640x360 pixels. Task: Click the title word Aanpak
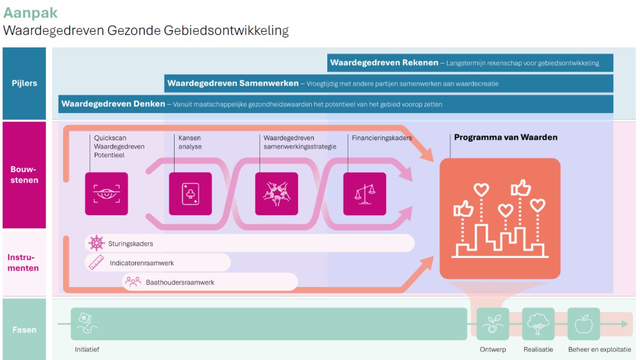click(30, 13)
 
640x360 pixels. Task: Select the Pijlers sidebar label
click(24, 83)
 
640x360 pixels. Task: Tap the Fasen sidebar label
click(24, 330)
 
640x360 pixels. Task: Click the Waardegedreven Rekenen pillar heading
click(384, 63)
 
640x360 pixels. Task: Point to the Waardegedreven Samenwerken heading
click(233, 83)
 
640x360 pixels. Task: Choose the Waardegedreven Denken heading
click(113, 104)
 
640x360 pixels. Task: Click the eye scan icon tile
click(106, 194)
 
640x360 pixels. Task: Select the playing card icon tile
click(190, 194)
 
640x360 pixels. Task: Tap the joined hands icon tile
click(276, 194)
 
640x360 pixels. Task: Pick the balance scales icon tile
click(364, 194)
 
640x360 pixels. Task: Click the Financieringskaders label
click(382, 138)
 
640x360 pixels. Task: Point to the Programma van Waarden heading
click(506, 138)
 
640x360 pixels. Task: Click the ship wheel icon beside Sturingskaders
click(96, 243)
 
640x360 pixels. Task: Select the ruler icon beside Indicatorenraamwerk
click(96, 263)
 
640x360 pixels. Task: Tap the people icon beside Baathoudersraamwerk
click(133, 282)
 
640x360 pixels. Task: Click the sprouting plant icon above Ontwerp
click(493, 324)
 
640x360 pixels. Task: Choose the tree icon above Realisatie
click(538, 324)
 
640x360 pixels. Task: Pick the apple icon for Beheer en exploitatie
click(584, 324)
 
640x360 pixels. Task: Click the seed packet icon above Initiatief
click(87, 323)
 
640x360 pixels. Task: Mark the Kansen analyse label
click(190, 142)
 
